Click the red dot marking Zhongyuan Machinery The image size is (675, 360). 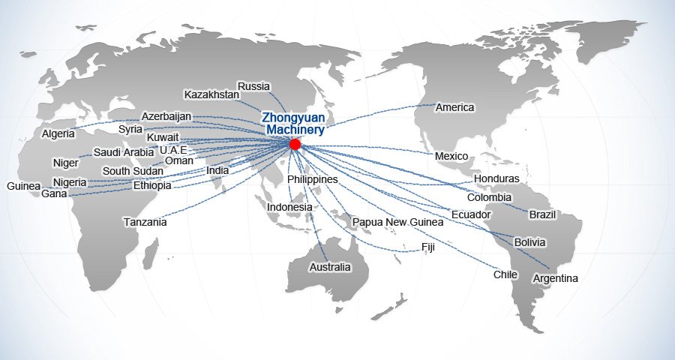pyautogui.click(x=295, y=144)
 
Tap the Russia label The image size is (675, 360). pyautogui.click(x=253, y=85)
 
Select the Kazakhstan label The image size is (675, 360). pyautogui.click(x=211, y=94)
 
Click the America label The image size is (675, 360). pyautogui.click(x=455, y=107)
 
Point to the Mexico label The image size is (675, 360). pyautogui.click(x=451, y=156)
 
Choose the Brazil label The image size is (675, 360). pyautogui.click(x=542, y=214)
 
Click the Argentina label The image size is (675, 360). pyautogui.click(x=555, y=278)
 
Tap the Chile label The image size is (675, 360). pyautogui.click(x=505, y=274)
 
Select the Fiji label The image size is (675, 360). pyautogui.click(x=428, y=247)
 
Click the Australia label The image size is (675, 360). pyautogui.click(x=330, y=267)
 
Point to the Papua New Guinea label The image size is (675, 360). pyautogui.click(x=397, y=222)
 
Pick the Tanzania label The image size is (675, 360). pyautogui.click(x=145, y=222)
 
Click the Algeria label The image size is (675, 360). pyautogui.click(x=58, y=133)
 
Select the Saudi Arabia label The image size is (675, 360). pyautogui.click(x=124, y=152)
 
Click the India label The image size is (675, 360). pyautogui.click(x=217, y=170)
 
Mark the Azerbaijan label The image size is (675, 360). pyautogui.click(x=166, y=117)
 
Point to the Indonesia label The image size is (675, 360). pyautogui.click(x=289, y=206)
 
